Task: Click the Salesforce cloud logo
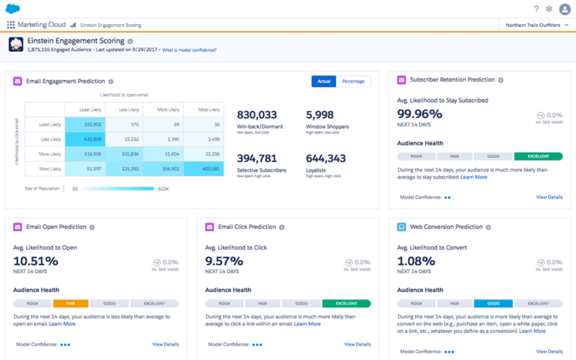click(x=13, y=8)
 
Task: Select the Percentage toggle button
click(x=352, y=81)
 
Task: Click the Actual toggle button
click(x=323, y=81)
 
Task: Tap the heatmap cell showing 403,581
click(x=204, y=169)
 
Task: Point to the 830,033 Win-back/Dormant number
click(x=256, y=115)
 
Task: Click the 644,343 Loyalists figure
click(x=325, y=158)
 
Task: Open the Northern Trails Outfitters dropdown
click(x=536, y=25)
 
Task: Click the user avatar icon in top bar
click(x=565, y=9)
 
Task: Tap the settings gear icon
click(x=549, y=9)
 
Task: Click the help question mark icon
click(x=536, y=9)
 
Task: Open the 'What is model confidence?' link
click(x=189, y=50)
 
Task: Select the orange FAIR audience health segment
click(x=70, y=304)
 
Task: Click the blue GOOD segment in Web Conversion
click(x=493, y=304)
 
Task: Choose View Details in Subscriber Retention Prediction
click(x=549, y=197)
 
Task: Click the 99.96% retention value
click(x=420, y=114)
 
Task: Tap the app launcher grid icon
click(x=10, y=25)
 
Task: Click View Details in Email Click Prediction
click(x=357, y=344)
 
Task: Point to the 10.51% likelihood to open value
click(x=35, y=261)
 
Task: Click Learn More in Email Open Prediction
click(x=63, y=324)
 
